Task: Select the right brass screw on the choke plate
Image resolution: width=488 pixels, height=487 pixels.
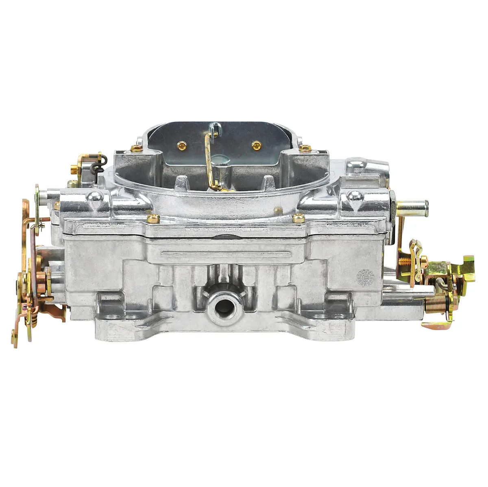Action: pyautogui.click(x=256, y=145)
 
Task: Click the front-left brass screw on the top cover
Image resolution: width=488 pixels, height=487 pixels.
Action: pyautogui.click(x=153, y=219)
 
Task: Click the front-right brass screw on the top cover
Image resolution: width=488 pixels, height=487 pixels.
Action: pyautogui.click(x=298, y=218)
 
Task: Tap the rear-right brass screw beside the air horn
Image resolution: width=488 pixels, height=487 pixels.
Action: pyautogui.click(x=305, y=148)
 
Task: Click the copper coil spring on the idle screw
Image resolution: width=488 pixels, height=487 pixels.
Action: pyautogui.click(x=434, y=303)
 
